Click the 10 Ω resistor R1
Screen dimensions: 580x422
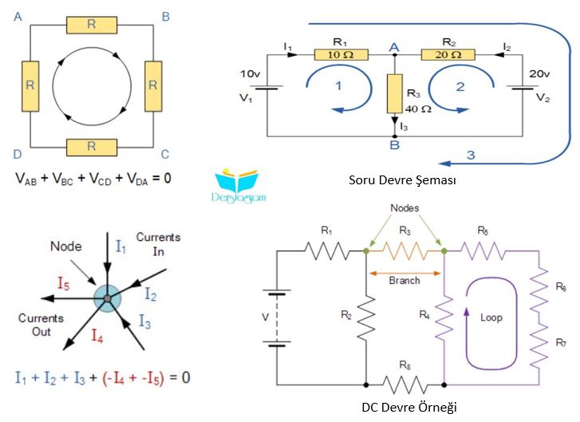coord(341,55)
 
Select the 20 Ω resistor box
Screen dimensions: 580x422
coord(448,55)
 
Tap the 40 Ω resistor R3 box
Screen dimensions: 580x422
coord(395,93)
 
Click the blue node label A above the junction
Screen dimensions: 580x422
coord(394,47)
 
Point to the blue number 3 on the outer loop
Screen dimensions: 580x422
coord(471,155)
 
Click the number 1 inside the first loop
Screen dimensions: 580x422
coord(338,86)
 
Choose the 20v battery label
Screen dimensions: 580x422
coord(539,73)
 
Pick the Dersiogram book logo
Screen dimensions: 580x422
coord(239,186)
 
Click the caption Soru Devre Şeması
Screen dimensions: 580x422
coord(402,180)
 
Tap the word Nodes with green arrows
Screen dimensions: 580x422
coord(404,208)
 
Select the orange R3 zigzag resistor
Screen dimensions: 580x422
coord(405,250)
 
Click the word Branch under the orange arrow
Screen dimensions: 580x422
coord(404,280)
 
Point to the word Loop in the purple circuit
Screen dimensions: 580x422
coord(491,317)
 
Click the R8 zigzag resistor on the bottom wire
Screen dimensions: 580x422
coord(405,385)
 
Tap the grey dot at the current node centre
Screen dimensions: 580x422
coord(107,298)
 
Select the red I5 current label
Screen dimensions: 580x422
coord(63,284)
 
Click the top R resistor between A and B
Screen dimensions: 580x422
coord(92,26)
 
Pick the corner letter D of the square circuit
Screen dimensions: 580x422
coord(18,154)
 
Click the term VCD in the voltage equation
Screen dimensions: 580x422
coord(101,179)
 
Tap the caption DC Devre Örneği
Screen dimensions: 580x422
coord(409,407)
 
